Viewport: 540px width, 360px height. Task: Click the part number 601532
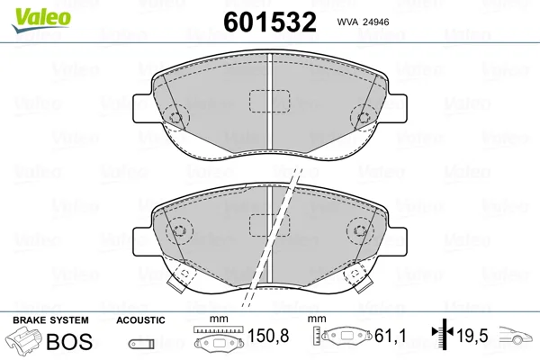[270, 22]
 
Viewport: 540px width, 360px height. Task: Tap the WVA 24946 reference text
[363, 22]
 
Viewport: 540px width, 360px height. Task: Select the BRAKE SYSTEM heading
[50, 320]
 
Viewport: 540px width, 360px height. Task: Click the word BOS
[69, 341]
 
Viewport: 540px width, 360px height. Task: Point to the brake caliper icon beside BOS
[24, 340]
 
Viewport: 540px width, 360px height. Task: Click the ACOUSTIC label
[140, 320]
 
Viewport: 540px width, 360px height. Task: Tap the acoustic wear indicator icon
[141, 344]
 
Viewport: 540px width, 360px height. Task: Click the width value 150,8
[268, 336]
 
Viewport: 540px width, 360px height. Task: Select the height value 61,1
[391, 336]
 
